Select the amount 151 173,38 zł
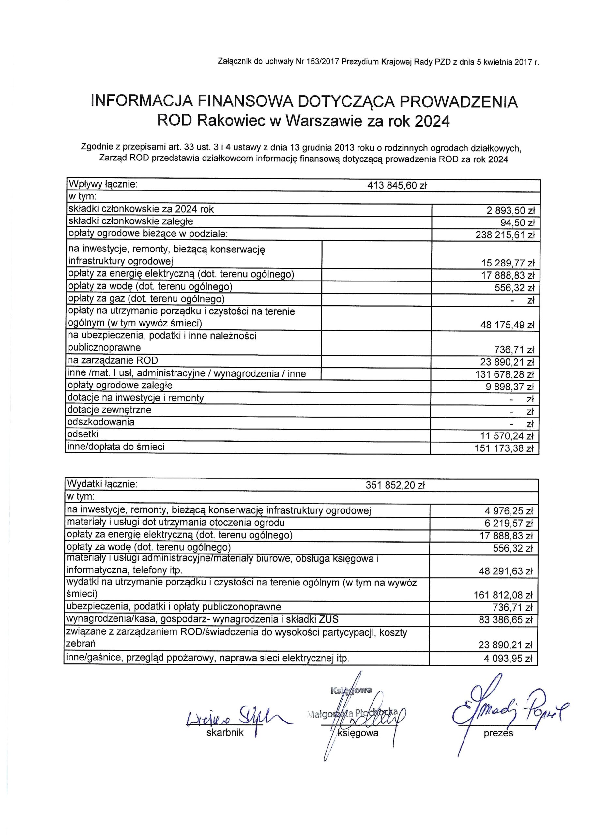tap(504, 449)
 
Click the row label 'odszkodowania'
tap(101, 422)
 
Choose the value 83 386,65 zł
tap(506, 620)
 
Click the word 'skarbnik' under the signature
tap(225, 733)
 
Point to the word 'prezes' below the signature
tap(498, 733)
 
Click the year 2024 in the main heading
tap(432, 121)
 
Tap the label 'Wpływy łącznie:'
tap(103, 184)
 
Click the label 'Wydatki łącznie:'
tap(102, 484)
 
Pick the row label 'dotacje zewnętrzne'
tap(109, 410)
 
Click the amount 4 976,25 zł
tap(509, 511)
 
